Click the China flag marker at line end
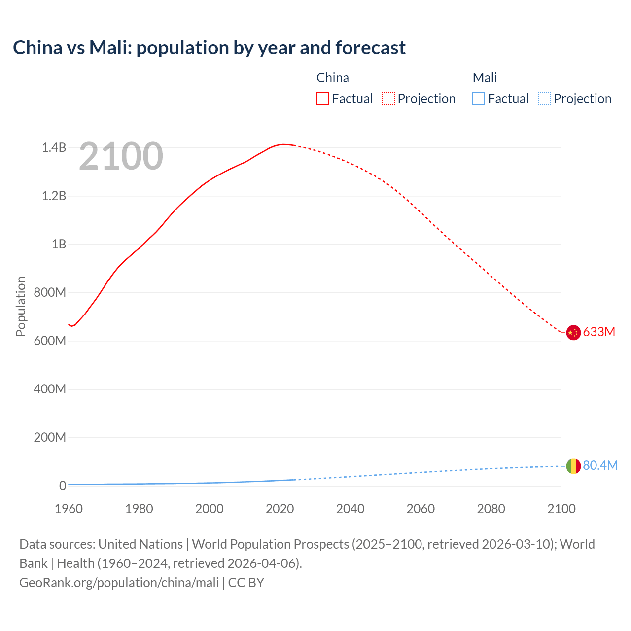coord(573,333)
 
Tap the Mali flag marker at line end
coord(573,466)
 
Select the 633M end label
coord(599,332)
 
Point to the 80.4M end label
coord(600,466)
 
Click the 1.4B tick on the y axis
coord(54,148)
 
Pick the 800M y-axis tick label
coord(50,293)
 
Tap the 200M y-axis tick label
coord(50,438)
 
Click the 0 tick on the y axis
coord(63,486)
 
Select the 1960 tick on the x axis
coord(69,509)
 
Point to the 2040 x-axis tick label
coord(350,509)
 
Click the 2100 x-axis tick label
coord(561,509)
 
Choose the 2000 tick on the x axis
coord(210,509)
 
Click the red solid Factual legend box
coord(323,99)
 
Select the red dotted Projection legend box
coord(388,99)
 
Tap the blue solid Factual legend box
coord(479,99)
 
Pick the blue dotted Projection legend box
coord(545,99)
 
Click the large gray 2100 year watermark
coord(121,156)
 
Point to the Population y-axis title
coord(21,306)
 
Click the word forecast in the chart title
coord(370,48)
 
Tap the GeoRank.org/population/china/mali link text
coord(119,583)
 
